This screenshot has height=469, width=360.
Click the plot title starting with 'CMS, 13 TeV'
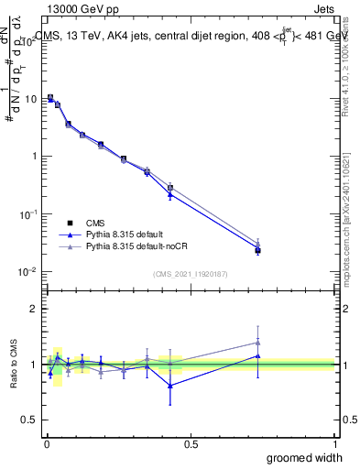[192, 37]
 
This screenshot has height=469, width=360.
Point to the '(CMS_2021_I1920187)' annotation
[190, 273]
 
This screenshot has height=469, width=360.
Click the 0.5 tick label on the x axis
[191, 443]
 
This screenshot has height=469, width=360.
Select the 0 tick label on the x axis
[47, 443]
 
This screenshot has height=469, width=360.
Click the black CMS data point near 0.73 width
[258, 250]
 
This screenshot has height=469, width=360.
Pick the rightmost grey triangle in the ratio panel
[258, 343]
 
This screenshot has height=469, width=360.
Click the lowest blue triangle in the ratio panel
[170, 386]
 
